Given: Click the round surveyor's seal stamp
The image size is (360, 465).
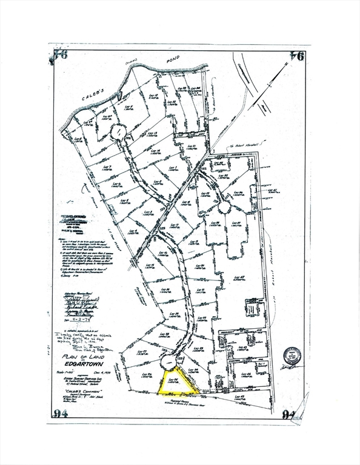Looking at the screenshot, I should pyautogui.click(x=293, y=355).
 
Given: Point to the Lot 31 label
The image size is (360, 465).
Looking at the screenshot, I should pyautogui.click(x=191, y=147).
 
